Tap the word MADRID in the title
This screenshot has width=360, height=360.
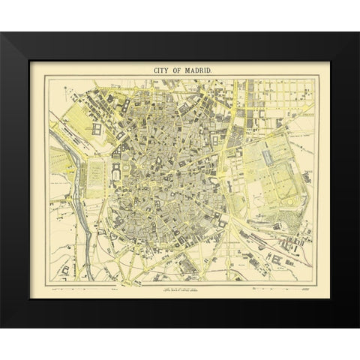pyautogui.click(x=199, y=70)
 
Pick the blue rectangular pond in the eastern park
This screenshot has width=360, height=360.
pyautogui.click(x=268, y=157)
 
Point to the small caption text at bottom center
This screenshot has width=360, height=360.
pyautogui.click(x=180, y=289)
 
